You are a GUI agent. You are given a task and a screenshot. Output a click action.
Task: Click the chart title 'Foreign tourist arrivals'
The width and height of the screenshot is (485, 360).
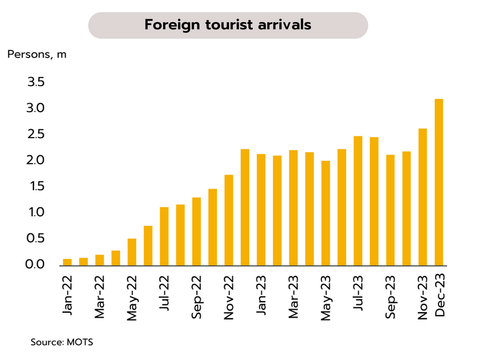(228, 25)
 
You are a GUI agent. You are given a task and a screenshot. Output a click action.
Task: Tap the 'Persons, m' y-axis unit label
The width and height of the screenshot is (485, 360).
(37, 55)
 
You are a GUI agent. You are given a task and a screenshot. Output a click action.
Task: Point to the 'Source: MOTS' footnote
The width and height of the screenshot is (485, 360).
(62, 342)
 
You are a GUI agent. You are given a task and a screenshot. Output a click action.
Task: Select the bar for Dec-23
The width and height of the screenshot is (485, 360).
(439, 182)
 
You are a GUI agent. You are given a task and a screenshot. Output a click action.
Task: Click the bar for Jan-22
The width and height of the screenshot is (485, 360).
(67, 262)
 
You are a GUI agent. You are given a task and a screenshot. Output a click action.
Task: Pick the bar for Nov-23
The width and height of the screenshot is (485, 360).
(423, 197)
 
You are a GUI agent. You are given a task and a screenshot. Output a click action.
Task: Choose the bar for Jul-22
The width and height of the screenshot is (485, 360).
(164, 236)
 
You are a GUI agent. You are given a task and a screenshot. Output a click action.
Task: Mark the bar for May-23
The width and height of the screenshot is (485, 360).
(326, 213)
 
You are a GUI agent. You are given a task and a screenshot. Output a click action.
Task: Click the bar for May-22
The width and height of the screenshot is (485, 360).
(132, 252)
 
